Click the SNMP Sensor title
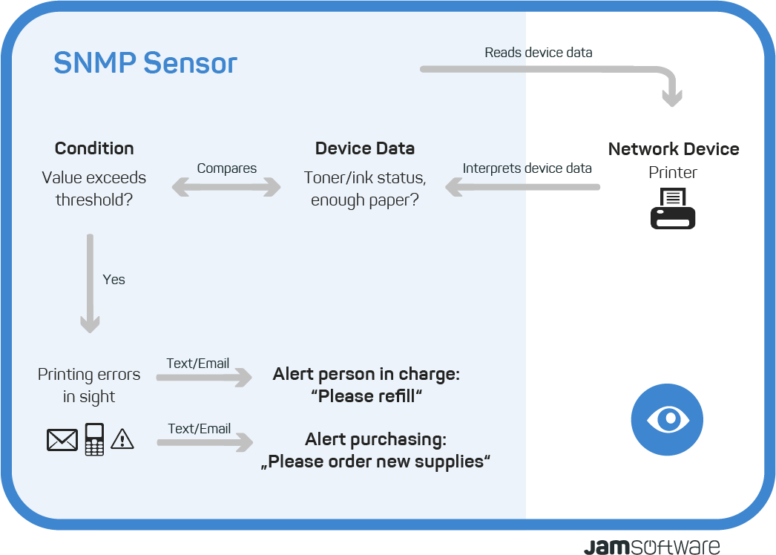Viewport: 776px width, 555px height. tap(145, 63)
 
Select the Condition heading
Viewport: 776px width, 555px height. tap(94, 148)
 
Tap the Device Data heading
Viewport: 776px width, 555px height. tap(365, 148)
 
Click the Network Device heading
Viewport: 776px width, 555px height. tap(674, 148)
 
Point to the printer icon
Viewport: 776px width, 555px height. tap(673, 208)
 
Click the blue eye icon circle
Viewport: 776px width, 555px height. tap(667, 419)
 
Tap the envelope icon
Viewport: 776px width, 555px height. tap(62, 440)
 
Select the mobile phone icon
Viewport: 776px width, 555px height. tap(94, 439)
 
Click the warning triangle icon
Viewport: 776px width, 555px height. tap(122, 439)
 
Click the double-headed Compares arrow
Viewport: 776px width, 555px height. tap(226, 187)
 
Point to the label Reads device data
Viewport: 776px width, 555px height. tap(539, 53)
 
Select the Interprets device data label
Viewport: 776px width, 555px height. tap(527, 168)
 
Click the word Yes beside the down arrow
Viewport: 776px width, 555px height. tap(114, 279)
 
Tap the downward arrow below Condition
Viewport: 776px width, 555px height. tap(90, 283)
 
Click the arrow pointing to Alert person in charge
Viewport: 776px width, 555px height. tap(204, 377)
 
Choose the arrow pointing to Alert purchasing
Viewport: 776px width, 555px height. tap(205, 442)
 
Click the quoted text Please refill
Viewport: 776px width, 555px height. tap(366, 396)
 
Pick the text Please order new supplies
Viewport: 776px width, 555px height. tap(375, 462)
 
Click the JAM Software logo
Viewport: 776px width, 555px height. tap(652, 546)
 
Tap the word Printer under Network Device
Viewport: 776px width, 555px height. tap(673, 172)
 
